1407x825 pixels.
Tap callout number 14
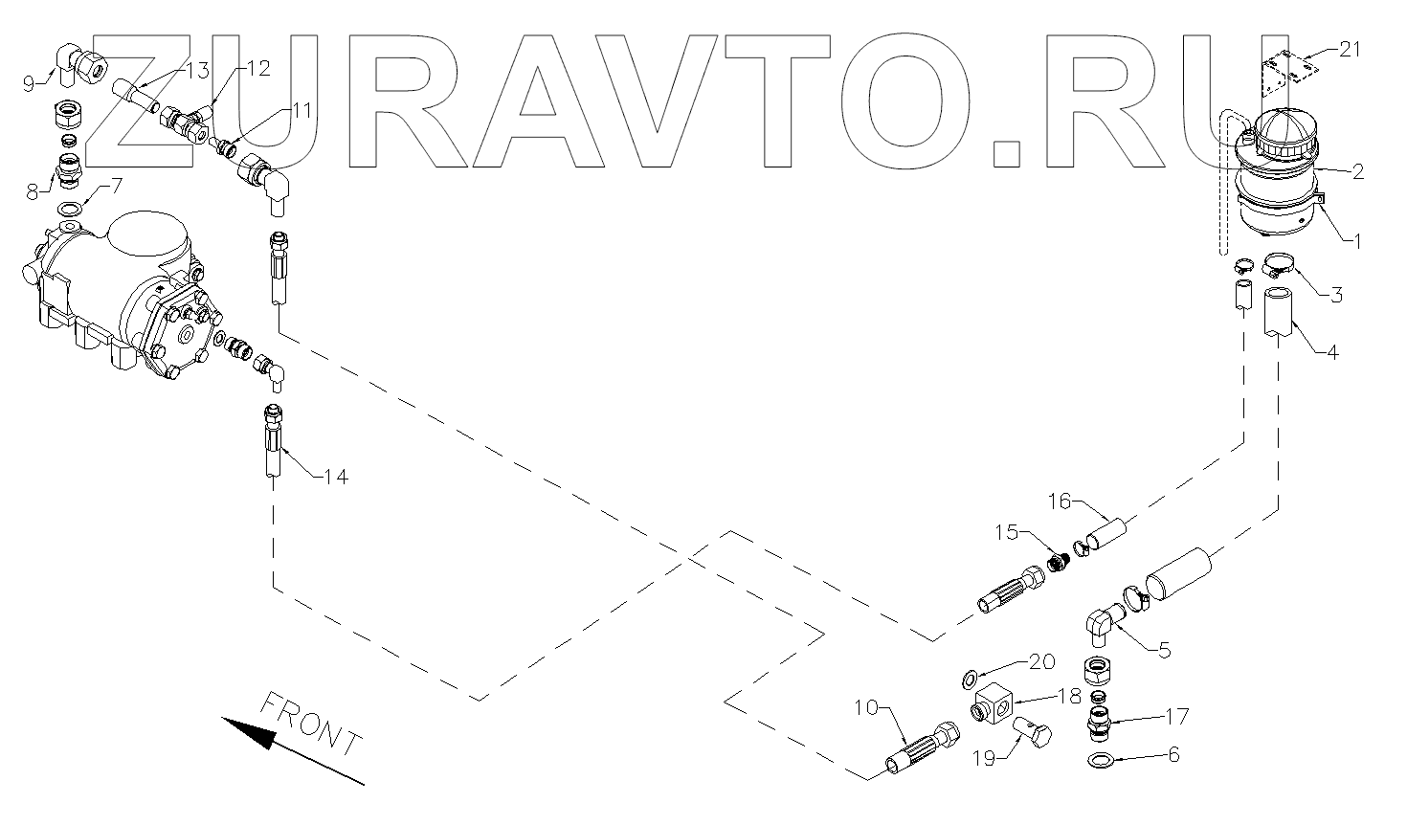[335, 477]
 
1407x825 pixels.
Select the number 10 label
[866, 709]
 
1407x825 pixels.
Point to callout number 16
[1059, 502]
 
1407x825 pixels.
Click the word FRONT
[311, 724]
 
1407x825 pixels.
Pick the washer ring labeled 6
[1102, 762]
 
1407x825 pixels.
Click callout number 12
[257, 68]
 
